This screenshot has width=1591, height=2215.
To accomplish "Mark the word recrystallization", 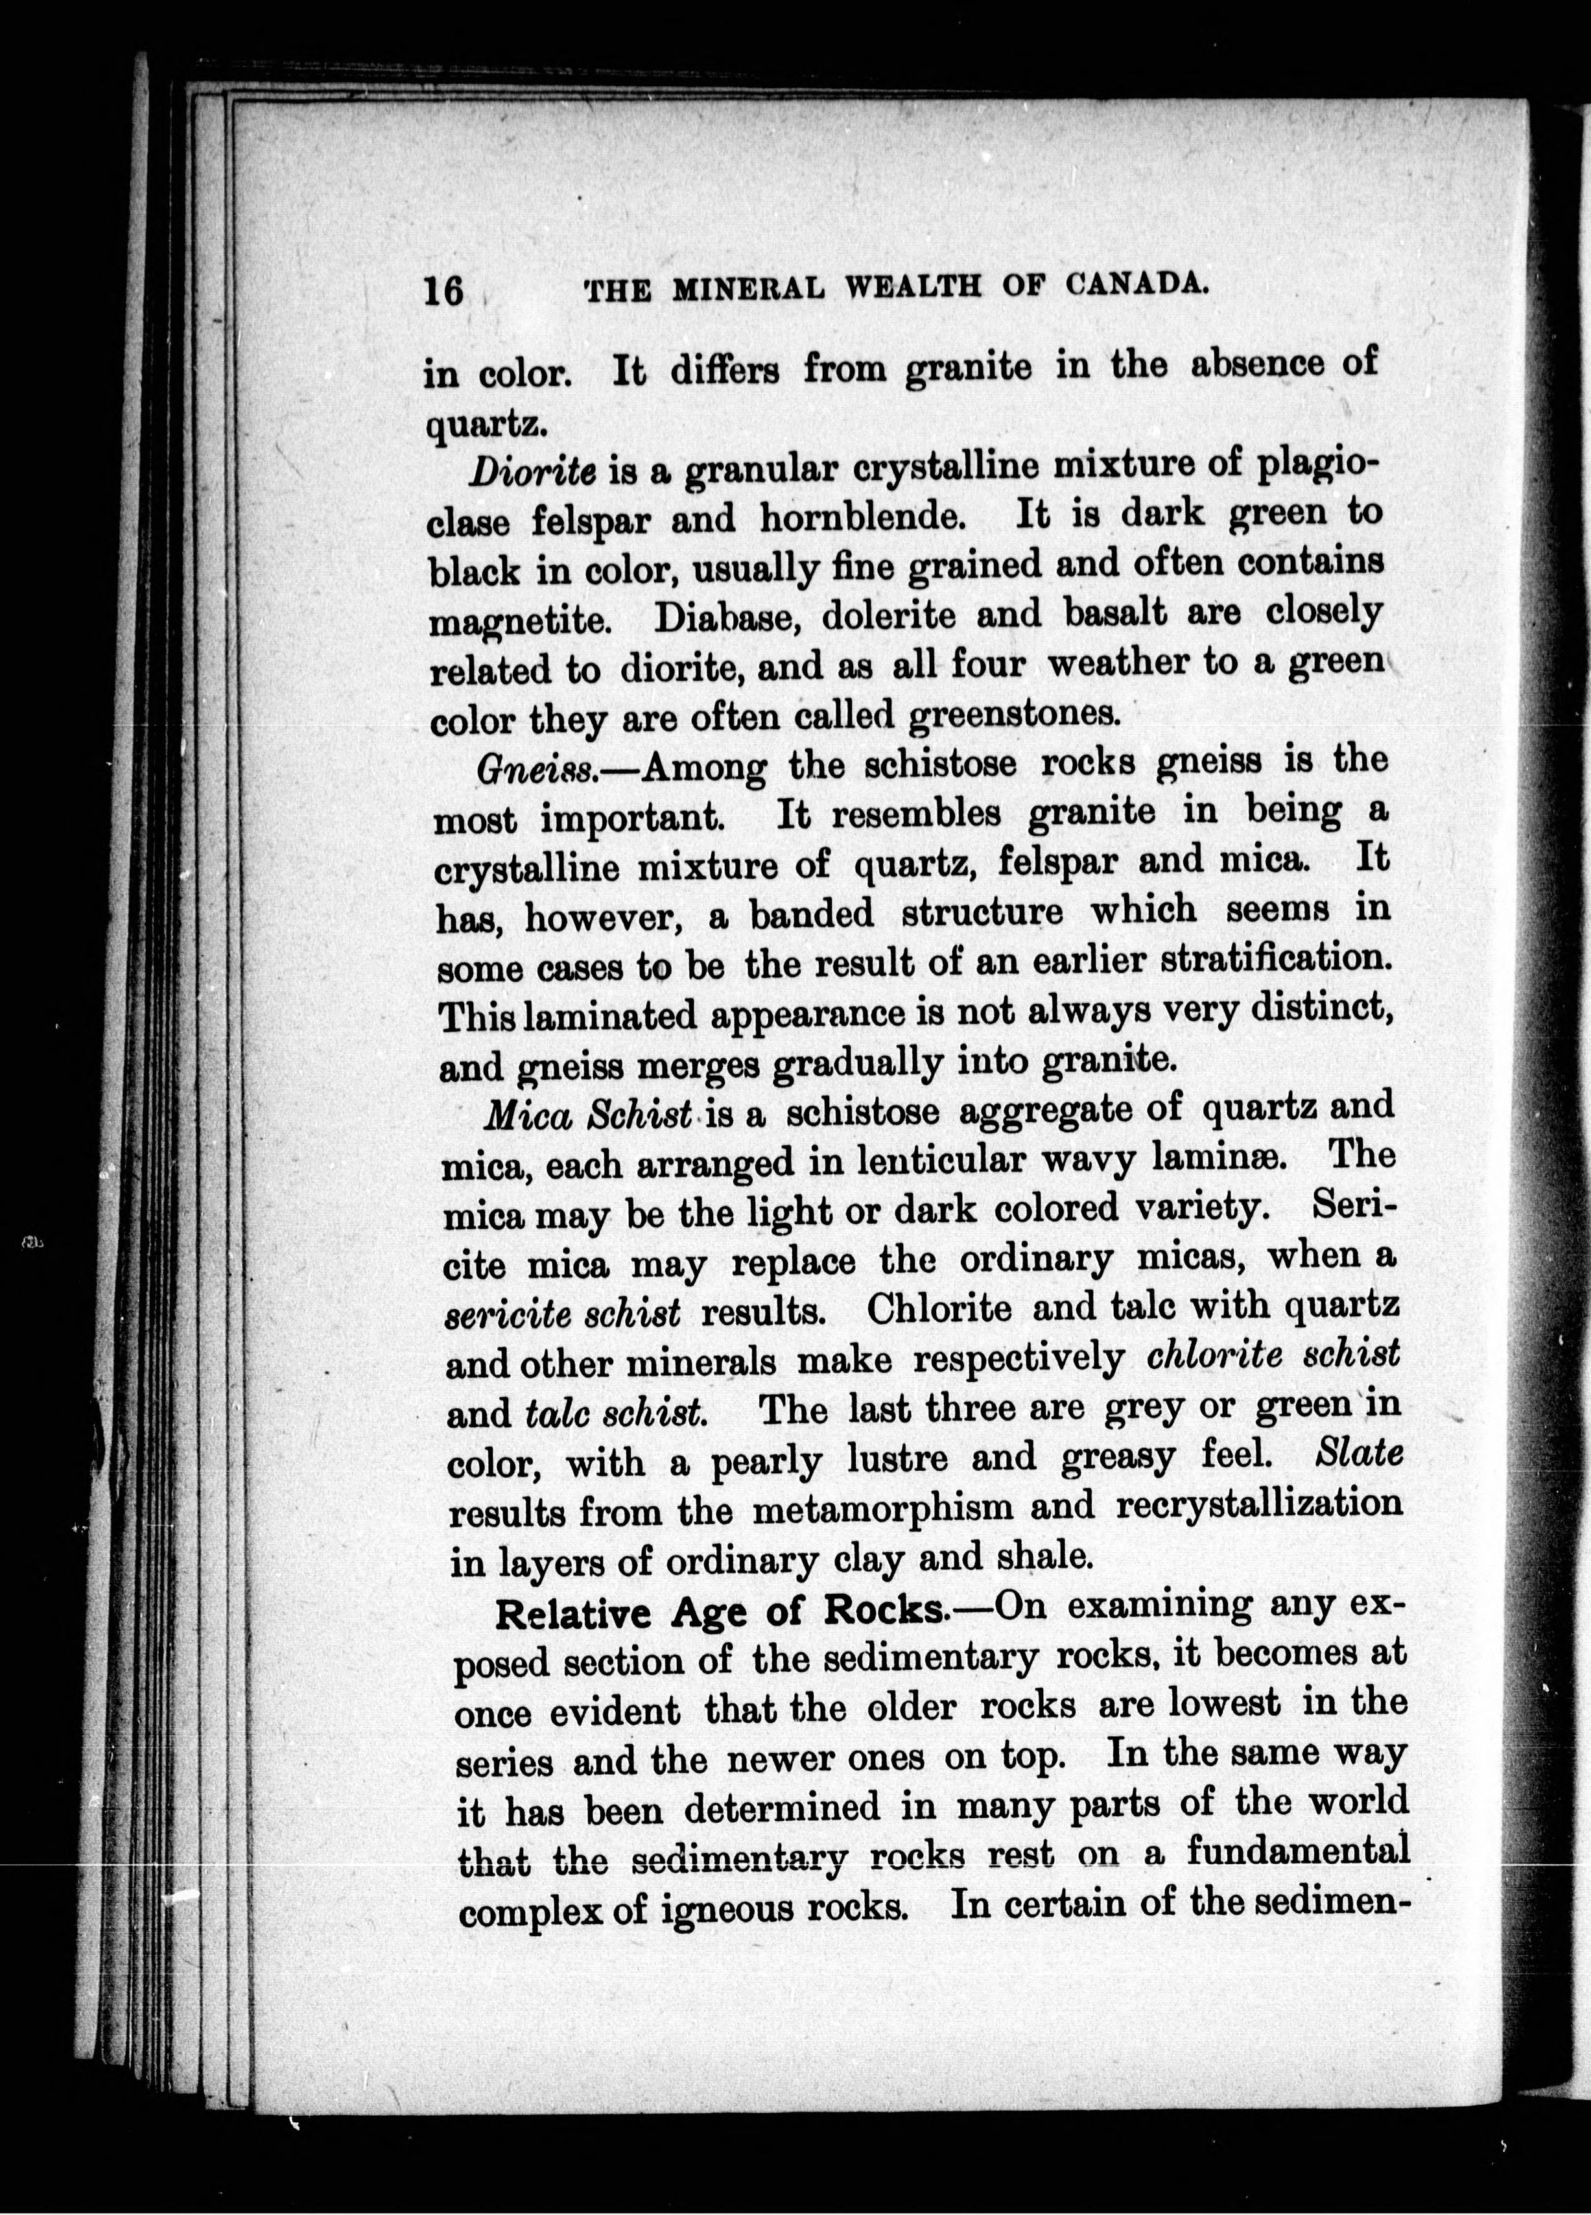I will [x=1259, y=1505].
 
